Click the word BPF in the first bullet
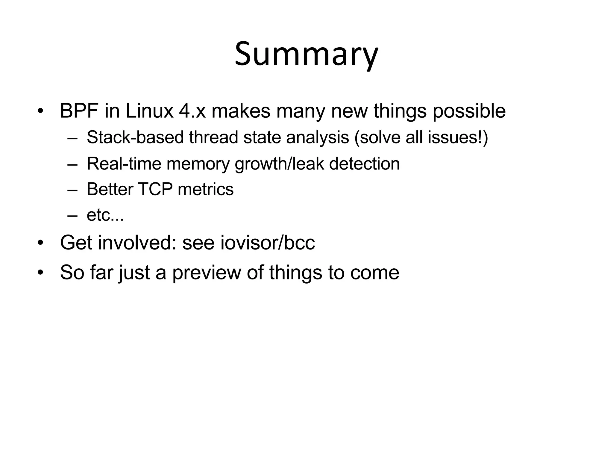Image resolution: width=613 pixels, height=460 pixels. tap(79, 111)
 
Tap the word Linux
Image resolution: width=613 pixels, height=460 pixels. tap(149, 111)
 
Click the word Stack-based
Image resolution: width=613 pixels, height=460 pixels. tap(135, 137)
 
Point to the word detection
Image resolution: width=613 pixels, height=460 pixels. tap(364, 164)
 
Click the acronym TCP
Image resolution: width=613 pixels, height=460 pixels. tap(155, 190)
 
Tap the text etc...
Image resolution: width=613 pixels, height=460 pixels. tap(105, 215)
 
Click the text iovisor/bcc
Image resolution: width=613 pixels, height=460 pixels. tap(268, 243)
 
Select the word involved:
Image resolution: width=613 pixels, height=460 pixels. tap(137, 243)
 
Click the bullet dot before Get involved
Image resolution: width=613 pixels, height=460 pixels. tap(41, 243)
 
